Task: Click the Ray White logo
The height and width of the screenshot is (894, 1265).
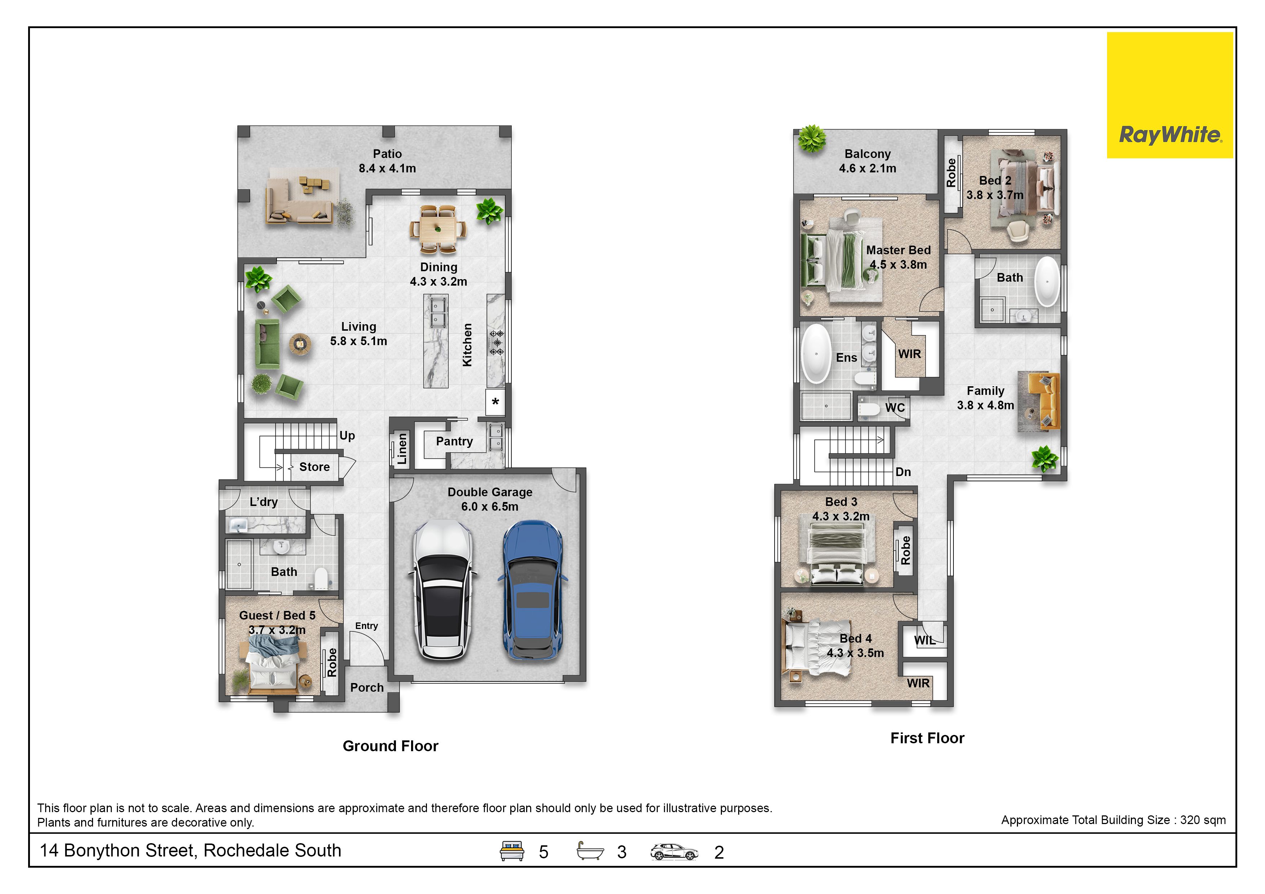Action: (x=1170, y=95)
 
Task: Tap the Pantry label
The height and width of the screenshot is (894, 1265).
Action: (x=454, y=441)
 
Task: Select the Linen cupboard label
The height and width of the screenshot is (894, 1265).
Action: (x=402, y=449)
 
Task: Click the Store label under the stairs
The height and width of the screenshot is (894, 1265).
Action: (x=314, y=467)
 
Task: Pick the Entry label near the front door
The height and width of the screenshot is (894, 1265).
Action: (x=366, y=626)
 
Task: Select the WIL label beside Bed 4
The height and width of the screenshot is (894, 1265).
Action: (x=925, y=640)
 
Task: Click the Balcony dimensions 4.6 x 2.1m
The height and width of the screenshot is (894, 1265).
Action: (x=868, y=168)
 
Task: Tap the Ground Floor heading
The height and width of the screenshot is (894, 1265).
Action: (x=391, y=746)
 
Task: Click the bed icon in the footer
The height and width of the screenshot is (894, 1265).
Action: (x=512, y=851)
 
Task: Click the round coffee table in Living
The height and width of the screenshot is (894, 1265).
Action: (x=300, y=344)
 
